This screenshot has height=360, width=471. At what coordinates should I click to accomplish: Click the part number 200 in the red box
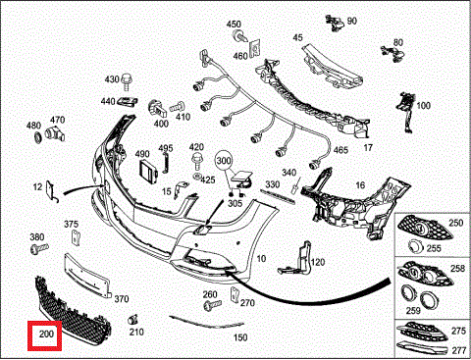(46, 334)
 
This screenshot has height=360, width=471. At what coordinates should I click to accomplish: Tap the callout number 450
(234, 24)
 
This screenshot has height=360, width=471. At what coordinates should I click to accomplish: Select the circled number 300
(224, 161)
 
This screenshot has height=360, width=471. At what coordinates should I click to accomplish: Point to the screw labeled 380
(39, 249)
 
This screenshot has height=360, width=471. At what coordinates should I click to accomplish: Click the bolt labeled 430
(127, 81)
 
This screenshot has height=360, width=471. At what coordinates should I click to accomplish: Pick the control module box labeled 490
(149, 171)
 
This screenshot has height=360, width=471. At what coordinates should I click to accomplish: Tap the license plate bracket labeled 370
(86, 277)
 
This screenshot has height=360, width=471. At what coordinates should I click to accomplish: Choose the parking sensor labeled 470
(56, 132)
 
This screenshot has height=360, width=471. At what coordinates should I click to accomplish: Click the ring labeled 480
(38, 137)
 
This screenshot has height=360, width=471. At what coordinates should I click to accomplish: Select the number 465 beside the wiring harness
(340, 150)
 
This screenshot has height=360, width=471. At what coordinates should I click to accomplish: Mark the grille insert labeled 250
(425, 229)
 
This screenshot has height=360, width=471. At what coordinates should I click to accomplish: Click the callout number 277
(458, 350)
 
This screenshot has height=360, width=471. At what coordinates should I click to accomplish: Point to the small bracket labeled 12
(51, 192)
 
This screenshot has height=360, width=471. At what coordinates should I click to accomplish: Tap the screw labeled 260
(212, 305)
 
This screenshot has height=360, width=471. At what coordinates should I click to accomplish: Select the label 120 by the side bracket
(317, 262)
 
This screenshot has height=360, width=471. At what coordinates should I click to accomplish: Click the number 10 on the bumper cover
(261, 259)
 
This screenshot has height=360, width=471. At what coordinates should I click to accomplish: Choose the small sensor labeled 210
(132, 320)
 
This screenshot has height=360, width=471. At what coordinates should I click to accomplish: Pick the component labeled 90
(335, 23)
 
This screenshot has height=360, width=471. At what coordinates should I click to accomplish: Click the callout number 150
(240, 337)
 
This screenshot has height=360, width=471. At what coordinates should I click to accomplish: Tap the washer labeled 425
(197, 177)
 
